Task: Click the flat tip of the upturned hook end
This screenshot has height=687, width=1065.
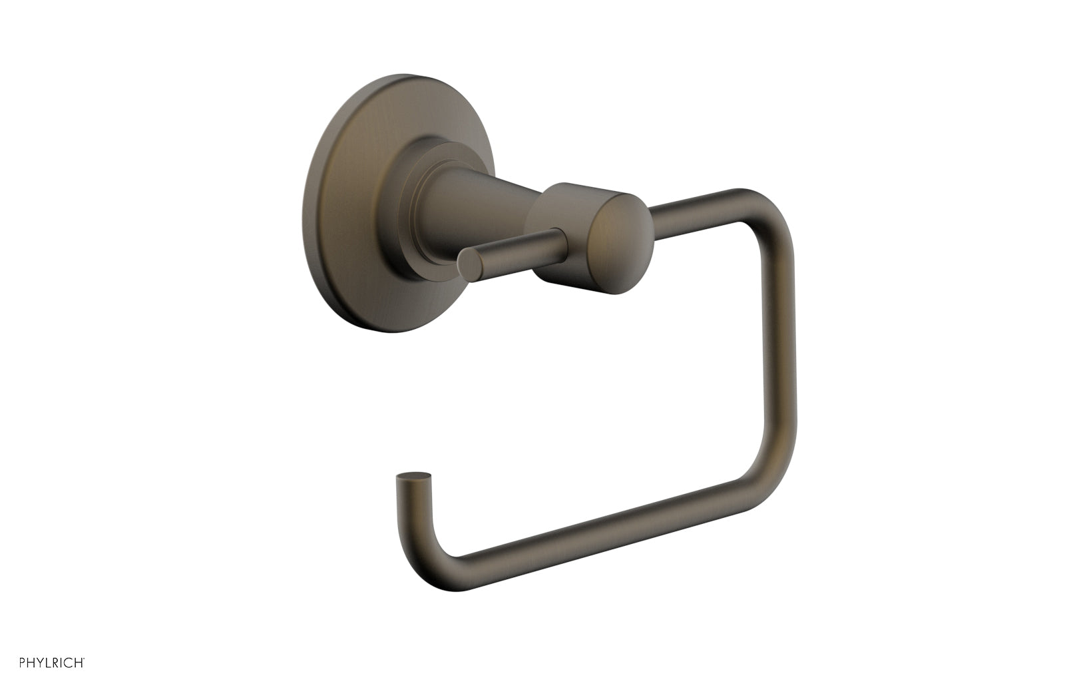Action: pyautogui.click(x=405, y=476)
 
